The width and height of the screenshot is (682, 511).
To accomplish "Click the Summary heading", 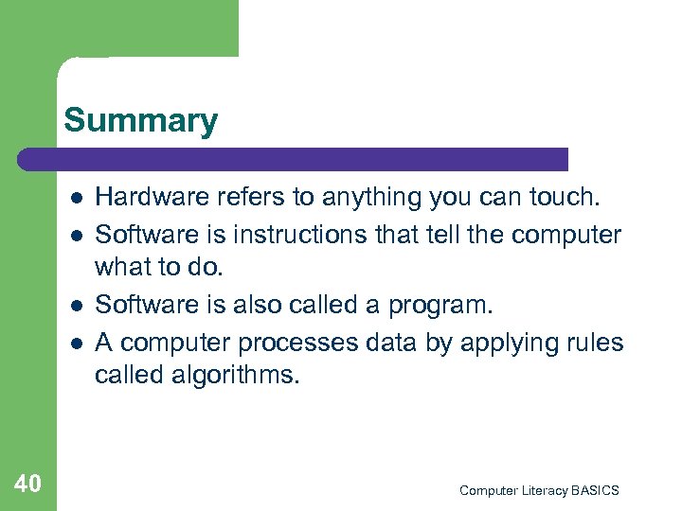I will click(x=140, y=121).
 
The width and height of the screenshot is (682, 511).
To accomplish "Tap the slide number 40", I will click(x=28, y=485).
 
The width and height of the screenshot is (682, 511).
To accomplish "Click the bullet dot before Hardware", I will click(x=74, y=198).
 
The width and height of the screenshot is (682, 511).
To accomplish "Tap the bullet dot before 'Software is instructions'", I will click(x=74, y=235).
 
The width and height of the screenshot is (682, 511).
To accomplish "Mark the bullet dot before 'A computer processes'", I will click(x=74, y=343).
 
